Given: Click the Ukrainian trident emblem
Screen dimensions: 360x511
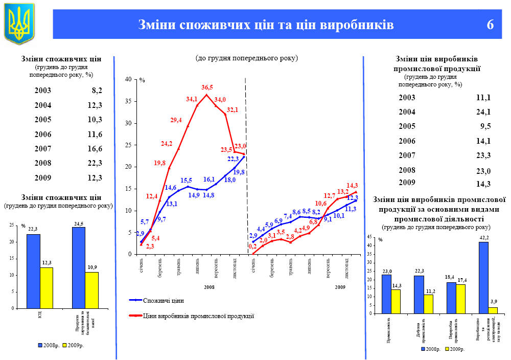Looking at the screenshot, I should point(19,23).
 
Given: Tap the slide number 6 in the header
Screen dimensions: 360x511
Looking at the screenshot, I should point(490,25).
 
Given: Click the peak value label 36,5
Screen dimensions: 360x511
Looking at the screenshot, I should point(207,87).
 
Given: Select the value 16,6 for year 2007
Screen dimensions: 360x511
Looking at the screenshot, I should point(95,149).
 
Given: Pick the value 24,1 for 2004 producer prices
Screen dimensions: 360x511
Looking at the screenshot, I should point(483,112).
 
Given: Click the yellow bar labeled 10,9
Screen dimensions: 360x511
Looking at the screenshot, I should point(91,290).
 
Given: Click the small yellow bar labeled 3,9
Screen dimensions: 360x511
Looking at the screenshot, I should point(493,310).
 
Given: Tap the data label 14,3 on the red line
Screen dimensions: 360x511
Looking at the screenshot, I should point(352,186).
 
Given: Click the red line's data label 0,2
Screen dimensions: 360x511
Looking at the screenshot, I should point(252,246).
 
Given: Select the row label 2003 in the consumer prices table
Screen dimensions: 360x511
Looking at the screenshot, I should point(43,91).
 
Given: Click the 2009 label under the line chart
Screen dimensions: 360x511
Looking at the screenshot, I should point(340,288).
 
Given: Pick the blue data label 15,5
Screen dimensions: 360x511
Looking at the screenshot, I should point(186,181).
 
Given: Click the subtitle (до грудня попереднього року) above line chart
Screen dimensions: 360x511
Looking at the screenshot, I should point(246,58).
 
